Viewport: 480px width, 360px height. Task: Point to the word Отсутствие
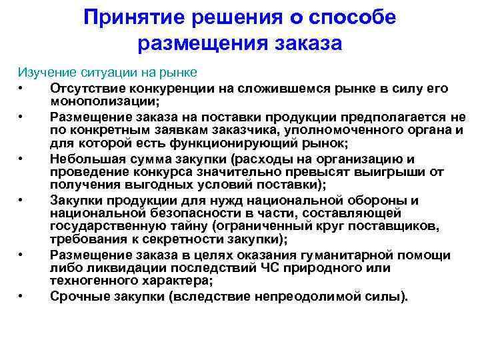pyautogui.click(x=83, y=88)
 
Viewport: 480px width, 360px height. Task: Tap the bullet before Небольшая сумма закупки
pyautogui.click(x=23, y=158)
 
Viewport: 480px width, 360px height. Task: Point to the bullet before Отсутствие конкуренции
pyautogui.click(x=23, y=88)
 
